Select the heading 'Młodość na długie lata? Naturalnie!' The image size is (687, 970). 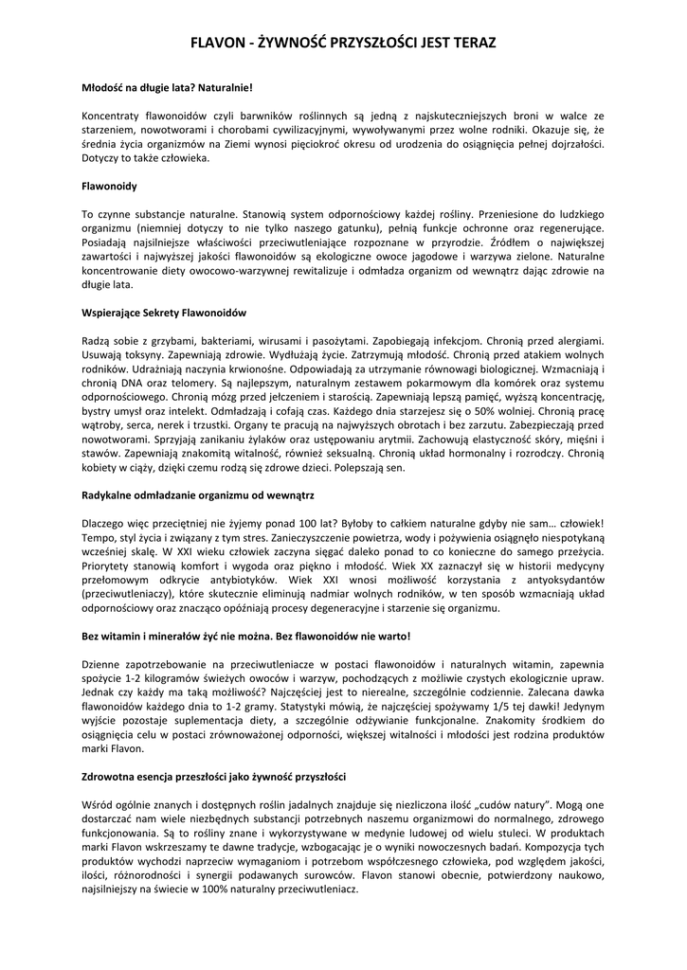167,88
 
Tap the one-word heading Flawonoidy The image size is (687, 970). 110,187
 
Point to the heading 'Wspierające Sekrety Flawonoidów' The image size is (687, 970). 165,312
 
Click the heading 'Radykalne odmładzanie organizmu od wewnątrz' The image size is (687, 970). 198,495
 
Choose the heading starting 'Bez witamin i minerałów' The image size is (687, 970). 246,636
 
